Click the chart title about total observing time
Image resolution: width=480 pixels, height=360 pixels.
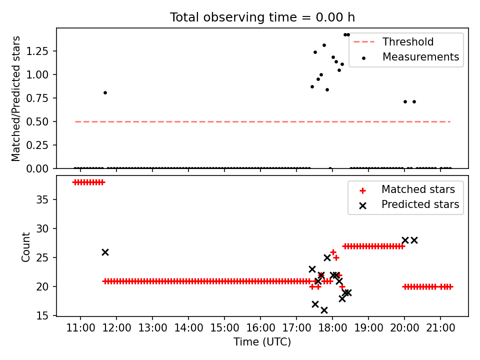pyautogui.click(x=262, y=17)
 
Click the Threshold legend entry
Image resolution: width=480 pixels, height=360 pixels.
pyautogui.click(x=408, y=42)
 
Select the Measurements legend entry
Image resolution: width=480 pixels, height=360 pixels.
pyautogui.click(x=420, y=57)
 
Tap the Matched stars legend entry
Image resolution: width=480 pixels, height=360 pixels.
pyautogui.click(x=418, y=189)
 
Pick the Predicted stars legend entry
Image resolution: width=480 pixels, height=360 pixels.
pyautogui.click(x=420, y=204)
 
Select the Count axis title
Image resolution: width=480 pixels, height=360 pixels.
pyautogui.click(x=25, y=246)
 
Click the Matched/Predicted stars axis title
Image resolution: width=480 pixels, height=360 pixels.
pyautogui.click(x=16, y=98)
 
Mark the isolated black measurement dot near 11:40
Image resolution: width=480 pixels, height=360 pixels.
pyautogui.click(x=105, y=92)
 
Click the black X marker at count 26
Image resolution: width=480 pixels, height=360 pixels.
pyautogui.click(x=105, y=252)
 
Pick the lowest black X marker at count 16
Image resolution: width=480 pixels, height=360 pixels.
pyautogui.click(x=324, y=310)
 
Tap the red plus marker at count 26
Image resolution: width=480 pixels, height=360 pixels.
pyautogui.click(x=333, y=252)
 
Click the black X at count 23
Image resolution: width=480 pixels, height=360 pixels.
pyautogui.click(x=312, y=269)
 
